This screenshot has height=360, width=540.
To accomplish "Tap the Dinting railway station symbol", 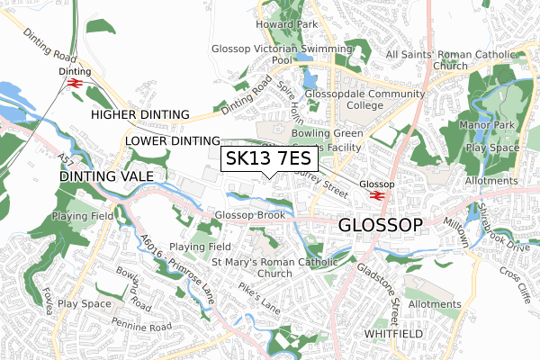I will pyautogui.click(x=75, y=83).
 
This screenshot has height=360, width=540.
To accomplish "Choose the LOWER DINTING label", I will pyautogui.click(x=173, y=141).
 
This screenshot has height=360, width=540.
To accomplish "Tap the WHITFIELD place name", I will pyautogui.click(x=393, y=333).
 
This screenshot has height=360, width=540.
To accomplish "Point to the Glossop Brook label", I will pyautogui.click(x=250, y=215).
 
